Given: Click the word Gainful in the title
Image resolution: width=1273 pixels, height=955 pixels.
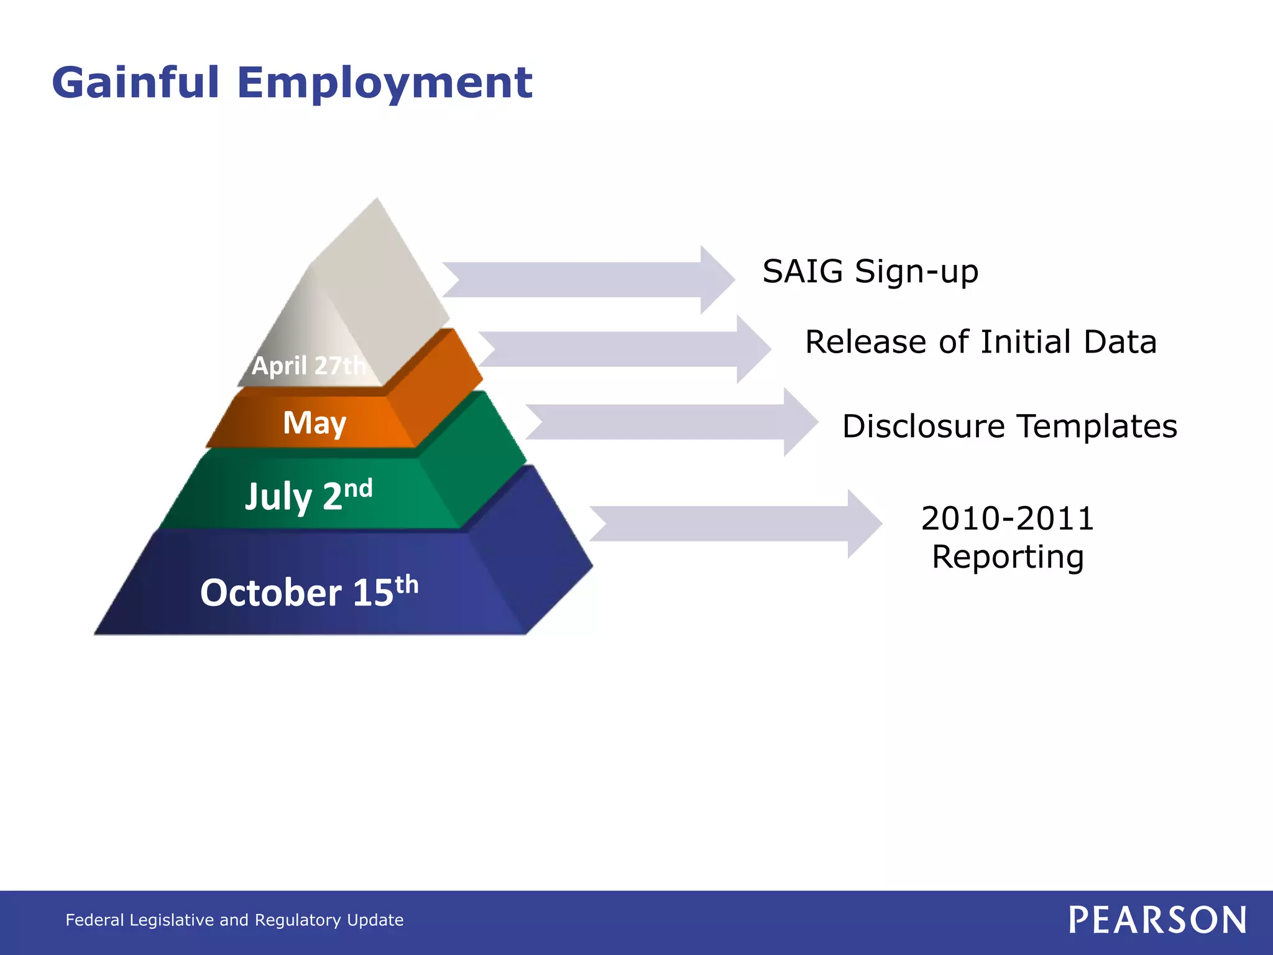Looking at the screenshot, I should click(x=136, y=82).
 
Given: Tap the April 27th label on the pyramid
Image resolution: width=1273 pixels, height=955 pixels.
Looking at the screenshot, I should click(x=308, y=366).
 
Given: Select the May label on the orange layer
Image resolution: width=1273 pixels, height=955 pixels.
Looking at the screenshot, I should click(x=315, y=423).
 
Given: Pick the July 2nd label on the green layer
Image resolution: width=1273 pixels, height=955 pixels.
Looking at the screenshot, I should click(x=309, y=496).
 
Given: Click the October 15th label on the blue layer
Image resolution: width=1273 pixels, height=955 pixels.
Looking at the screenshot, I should click(x=309, y=591).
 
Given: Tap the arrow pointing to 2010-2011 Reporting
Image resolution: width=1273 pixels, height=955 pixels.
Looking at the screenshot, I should click(x=734, y=524).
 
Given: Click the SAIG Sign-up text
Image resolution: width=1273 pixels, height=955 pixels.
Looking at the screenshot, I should click(x=870, y=272).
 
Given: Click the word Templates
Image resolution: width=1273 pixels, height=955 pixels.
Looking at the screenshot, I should click(x=1097, y=427).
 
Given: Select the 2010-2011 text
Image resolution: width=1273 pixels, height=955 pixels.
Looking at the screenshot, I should click(x=1008, y=519).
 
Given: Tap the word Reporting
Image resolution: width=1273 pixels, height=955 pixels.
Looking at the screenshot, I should click(x=1008, y=557).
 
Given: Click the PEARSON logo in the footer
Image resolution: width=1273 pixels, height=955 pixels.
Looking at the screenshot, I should click(x=1157, y=920).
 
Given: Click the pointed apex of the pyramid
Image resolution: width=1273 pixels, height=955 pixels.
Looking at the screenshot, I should click(x=377, y=201).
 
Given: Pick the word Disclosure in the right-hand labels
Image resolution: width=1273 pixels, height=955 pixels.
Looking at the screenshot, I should click(x=924, y=427).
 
